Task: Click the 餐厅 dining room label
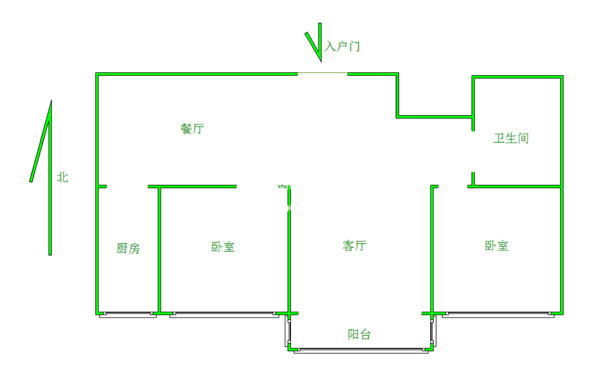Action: [x=192, y=129]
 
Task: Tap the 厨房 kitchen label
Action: [x=128, y=248]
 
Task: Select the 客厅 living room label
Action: [x=354, y=245]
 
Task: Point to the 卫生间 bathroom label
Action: [x=511, y=138]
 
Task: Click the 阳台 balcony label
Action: [x=359, y=334]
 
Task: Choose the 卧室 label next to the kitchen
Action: [x=223, y=247]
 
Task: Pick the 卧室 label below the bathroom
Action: [x=497, y=245]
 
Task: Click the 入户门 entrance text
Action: [x=342, y=46]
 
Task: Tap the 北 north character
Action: [x=63, y=177]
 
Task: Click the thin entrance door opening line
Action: [x=322, y=73]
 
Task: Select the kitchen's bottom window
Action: [x=128, y=315]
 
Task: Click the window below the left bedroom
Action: [x=224, y=315]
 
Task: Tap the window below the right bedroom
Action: [x=498, y=315]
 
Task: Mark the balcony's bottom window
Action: [x=361, y=351]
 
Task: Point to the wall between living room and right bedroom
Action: [x=432, y=249]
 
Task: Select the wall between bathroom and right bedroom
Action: [x=515, y=187]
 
